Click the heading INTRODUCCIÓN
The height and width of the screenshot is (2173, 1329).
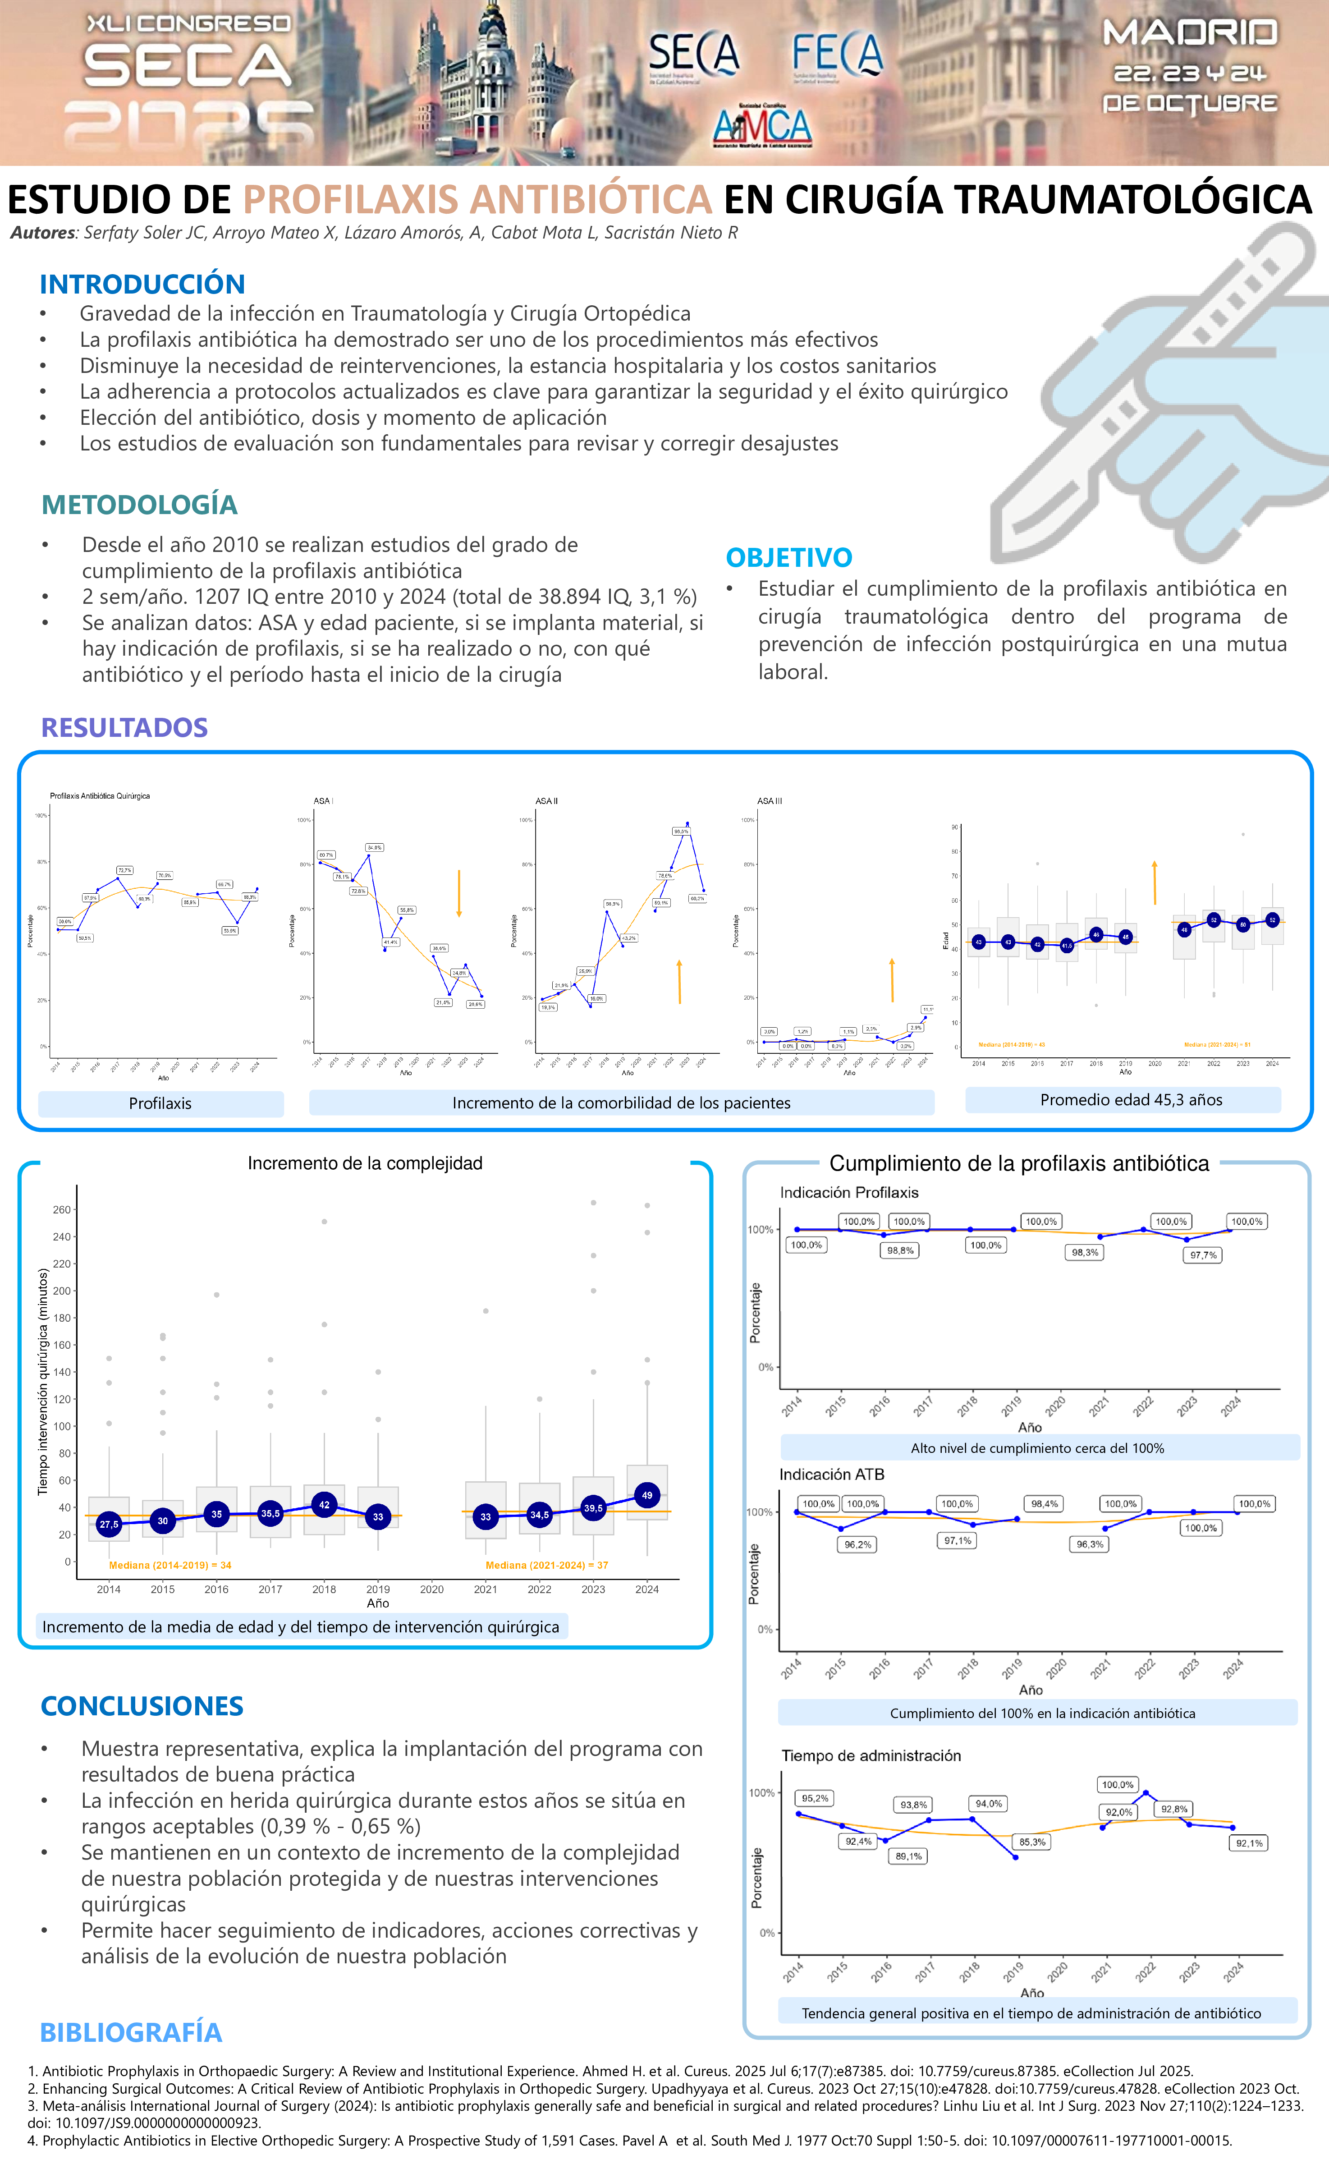click(142, 284)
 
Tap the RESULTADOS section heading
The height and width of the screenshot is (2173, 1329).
click(124, 728)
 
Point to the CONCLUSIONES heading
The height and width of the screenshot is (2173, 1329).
click(142, 1705)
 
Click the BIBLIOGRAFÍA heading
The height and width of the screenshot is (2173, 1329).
click(131, 2032)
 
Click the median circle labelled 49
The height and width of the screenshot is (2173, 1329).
click(647, 1495)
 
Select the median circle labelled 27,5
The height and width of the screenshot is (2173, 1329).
click(109, 1524)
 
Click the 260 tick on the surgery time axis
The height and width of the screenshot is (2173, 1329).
click(62, 1209)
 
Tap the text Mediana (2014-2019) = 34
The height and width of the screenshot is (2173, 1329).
click(170, 1565)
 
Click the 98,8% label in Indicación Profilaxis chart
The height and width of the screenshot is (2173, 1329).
click(900, 1250)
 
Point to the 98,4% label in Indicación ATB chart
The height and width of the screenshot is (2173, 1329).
click(1044, 1504)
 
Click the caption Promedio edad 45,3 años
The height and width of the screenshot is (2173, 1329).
click(1131, 1100)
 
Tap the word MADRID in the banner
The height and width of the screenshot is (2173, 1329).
click(1190, 33)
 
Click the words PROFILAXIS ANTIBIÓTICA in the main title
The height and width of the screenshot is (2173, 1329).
click(477, 199)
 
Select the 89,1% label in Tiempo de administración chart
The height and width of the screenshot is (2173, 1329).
click(908, 1856)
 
